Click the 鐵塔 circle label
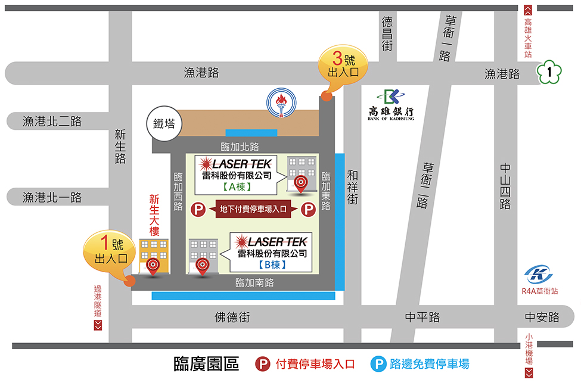coord(164,124)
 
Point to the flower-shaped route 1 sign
coord(549,73)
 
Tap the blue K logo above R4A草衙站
coord(538,274)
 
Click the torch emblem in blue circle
coord(279,102)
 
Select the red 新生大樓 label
coord(154,215)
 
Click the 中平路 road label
coord(422,317)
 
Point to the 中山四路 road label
coord(505,186)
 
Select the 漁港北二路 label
coord(52,122)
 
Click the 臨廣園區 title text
coord(206,364)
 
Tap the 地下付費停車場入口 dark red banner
coord(253,209)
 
